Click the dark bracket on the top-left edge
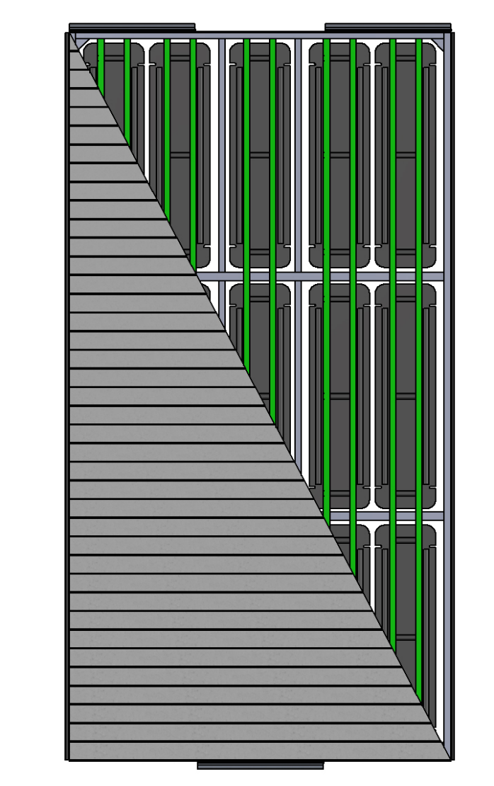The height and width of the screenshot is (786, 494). [x=132, y=28]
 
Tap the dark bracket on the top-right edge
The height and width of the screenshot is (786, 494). [x=388, y=28]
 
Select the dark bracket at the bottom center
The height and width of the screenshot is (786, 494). [x=260, y=765]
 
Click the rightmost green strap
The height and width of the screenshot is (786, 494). [x=419, y=354]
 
